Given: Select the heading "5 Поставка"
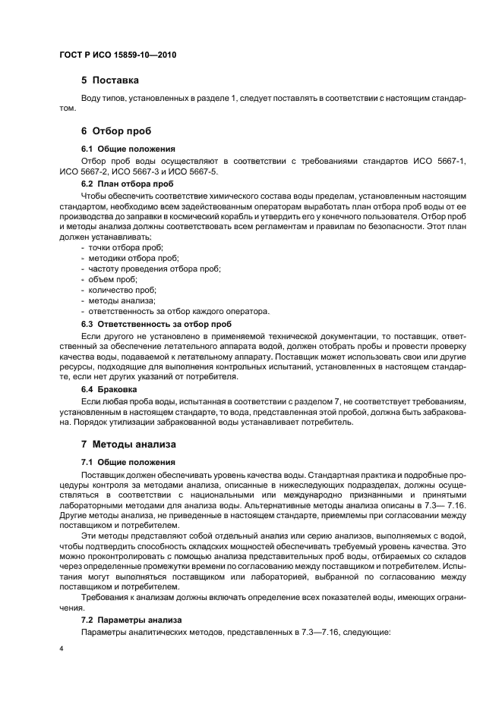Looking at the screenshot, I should (110, 80).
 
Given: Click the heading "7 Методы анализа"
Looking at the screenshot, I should (128, 444).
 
